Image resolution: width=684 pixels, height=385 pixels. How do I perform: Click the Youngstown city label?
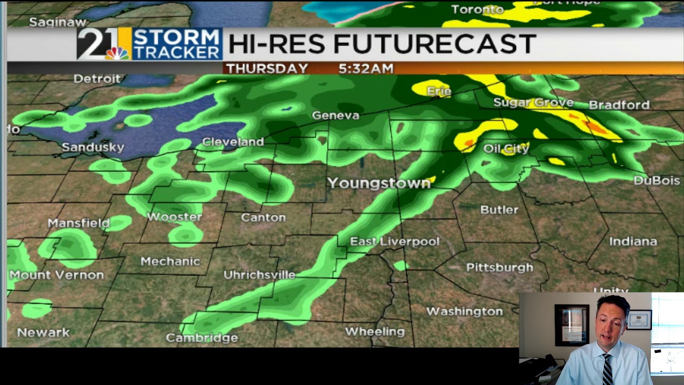(379, 183)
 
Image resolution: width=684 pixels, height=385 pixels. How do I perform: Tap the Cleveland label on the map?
(233, 142)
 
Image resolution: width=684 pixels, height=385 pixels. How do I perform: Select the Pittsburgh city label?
(500, 267)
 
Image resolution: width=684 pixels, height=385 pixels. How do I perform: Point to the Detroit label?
(97, 79)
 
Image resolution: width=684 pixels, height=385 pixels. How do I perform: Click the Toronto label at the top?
(477, 9)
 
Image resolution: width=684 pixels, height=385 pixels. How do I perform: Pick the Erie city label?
(439, 91)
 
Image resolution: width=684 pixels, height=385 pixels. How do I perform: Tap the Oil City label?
(506, 148)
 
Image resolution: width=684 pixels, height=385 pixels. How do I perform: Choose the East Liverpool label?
(394, 242)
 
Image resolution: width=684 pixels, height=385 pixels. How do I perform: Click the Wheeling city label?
(375, 332)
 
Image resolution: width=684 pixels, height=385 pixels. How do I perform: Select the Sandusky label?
(93, 147)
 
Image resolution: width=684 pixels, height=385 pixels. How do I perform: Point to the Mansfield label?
(79, 223)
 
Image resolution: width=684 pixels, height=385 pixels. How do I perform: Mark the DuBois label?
(657, 181)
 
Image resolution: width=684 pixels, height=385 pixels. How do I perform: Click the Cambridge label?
(201, 338)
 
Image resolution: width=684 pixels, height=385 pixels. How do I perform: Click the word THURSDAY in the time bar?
(267, 68)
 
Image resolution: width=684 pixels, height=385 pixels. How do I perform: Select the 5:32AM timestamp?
(366, 68)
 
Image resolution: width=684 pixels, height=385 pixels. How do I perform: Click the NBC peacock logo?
(116, 53)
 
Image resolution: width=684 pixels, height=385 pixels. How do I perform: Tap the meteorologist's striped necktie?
(608, 368)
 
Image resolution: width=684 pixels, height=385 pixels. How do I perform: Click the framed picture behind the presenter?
(571, 324)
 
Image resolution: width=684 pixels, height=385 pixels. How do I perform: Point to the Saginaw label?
(58, 22)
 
